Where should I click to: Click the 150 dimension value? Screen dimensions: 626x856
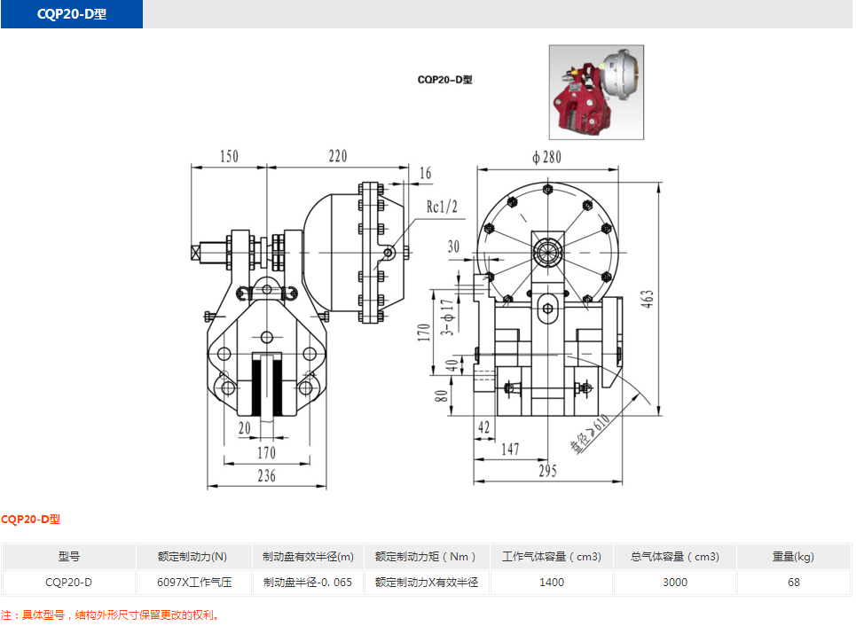coord(229,156)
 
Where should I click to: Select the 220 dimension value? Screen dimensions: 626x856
coord(337,156)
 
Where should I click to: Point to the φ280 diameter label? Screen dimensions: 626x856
coord(547,157)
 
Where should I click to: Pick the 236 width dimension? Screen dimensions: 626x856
coord(266,476)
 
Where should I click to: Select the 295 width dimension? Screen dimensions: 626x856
coord(547,471)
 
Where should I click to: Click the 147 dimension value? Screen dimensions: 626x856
coord(510,449)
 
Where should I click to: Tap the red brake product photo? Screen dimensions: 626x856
coord(596,92)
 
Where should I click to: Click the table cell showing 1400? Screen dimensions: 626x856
coord(551,583)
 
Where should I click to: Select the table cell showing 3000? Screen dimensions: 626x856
coord(674,583)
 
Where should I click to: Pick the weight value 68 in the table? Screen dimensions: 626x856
coord(793,583)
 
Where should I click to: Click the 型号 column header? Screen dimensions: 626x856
coord(69,557)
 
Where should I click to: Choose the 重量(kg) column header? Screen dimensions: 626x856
coord(793,557)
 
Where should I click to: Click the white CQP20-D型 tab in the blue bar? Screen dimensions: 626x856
coord(72,15)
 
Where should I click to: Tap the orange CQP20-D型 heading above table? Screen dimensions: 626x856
coord(31,520)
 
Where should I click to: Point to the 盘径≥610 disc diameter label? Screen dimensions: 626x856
coord(591,434)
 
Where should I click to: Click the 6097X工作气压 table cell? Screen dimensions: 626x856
coord(193,583)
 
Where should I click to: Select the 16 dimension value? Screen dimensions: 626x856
coord(425,174)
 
